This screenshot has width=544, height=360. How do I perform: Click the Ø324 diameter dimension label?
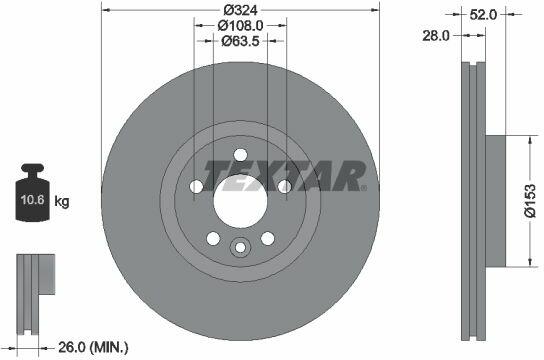coord(240,10)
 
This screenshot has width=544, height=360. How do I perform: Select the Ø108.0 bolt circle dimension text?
coord(240,25)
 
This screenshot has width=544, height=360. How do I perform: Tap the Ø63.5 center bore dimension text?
coord(240,41)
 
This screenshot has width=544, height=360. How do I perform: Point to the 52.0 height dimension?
coord(483,15)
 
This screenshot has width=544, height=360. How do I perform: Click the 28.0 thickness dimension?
coord(435,35)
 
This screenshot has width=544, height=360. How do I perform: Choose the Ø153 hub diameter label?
coord(530,200)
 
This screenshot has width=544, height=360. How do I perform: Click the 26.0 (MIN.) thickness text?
coord(93,347)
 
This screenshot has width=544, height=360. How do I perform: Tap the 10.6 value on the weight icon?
coord(33,200)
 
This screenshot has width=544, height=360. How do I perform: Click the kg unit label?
coord(62,201)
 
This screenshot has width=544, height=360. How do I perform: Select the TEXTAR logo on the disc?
coord(284,175)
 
